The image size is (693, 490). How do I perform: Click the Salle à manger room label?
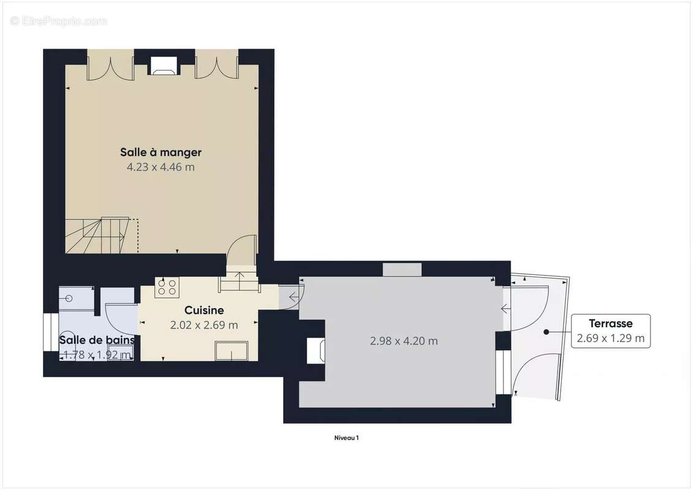pos(161,152)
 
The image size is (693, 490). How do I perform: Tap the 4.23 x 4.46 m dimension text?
pos(161,167)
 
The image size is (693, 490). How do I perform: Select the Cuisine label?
pos(204,311)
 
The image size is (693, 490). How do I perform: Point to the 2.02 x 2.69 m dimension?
pos(204,325)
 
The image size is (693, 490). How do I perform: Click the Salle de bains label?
pos(96,340)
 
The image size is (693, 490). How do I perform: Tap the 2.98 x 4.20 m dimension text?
pos(404,341)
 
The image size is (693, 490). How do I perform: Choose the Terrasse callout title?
pos(610,323)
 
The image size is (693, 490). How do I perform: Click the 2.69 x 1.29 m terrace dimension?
pos(610,337)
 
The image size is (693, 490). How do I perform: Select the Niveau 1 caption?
pos(346,438)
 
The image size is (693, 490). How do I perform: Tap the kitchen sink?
pos(231,351)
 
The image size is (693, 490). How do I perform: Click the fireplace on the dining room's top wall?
pos(164,66)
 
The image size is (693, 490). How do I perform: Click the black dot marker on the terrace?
pos(545,332)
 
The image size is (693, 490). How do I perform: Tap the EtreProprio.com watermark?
pos(59,21)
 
